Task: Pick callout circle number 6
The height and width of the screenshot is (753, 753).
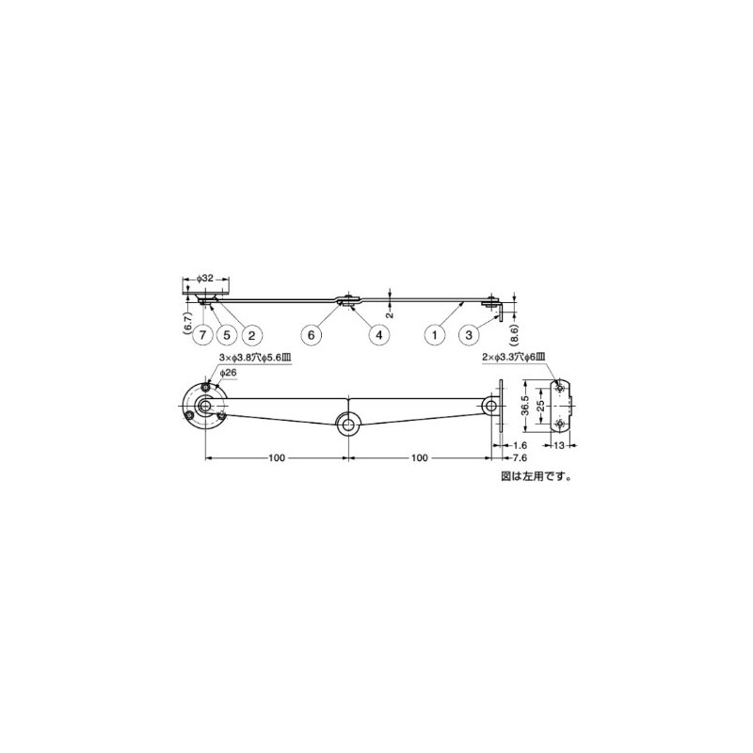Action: [314, 333]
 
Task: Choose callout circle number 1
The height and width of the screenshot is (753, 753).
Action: [435, 333]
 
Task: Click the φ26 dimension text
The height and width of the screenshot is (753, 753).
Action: [228, 374]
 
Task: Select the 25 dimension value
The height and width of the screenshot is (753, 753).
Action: [540, 407]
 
